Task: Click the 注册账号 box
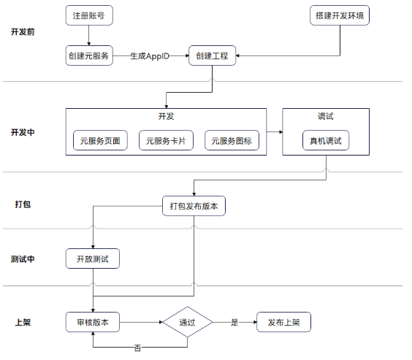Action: (89, 15)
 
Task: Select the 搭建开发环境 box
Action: (340, 15)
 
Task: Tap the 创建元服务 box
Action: (89, 55)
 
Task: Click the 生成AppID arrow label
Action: (150, 56)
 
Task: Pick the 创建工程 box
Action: (212, 55)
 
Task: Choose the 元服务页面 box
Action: (100, 140)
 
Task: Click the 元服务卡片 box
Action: (166, 140)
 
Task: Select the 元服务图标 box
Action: (232, 140)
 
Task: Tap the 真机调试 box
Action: (326, 140)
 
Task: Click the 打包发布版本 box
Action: (194, 206)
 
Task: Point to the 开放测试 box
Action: (93, 258)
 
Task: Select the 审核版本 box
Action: (93, 322)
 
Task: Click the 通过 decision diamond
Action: (187, 322)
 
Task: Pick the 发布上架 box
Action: (283, 322)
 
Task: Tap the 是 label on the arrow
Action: (234, 322)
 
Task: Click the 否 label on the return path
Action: (137, 348)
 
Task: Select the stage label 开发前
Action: (23, 32)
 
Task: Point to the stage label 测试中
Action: (23, 259)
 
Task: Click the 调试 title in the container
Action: (326, 116)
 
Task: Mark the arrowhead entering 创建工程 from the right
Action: (237, 55)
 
